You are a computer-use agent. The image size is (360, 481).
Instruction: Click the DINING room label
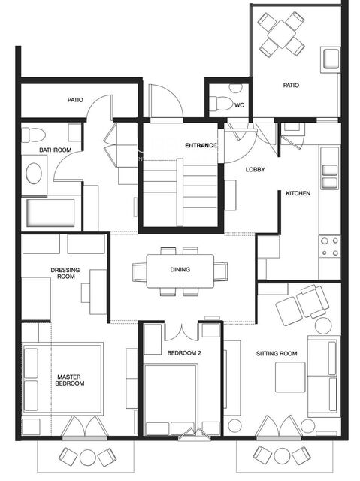coord(180,269)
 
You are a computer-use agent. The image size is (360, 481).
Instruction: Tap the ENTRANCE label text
coord(201,144)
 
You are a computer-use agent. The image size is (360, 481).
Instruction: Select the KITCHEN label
coord(298,193)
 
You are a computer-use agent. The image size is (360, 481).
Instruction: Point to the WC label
coord(239,105)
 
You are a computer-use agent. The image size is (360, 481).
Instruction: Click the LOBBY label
coord(255,169)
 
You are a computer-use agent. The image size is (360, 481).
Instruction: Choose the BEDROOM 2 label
coord(183,352)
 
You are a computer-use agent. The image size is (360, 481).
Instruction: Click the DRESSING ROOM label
coord(65,274)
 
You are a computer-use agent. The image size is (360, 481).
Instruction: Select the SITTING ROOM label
coord(277,352)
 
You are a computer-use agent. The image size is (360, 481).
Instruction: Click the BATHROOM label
coord(56,150)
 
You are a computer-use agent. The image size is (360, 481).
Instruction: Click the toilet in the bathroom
coord(32,135)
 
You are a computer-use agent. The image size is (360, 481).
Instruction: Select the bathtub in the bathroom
coord(51,213)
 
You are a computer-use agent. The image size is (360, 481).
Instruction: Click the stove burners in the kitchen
coord(329,247)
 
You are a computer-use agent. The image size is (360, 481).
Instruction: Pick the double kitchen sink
coord(329,177)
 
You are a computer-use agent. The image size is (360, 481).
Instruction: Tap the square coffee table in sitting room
coord(289,377)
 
